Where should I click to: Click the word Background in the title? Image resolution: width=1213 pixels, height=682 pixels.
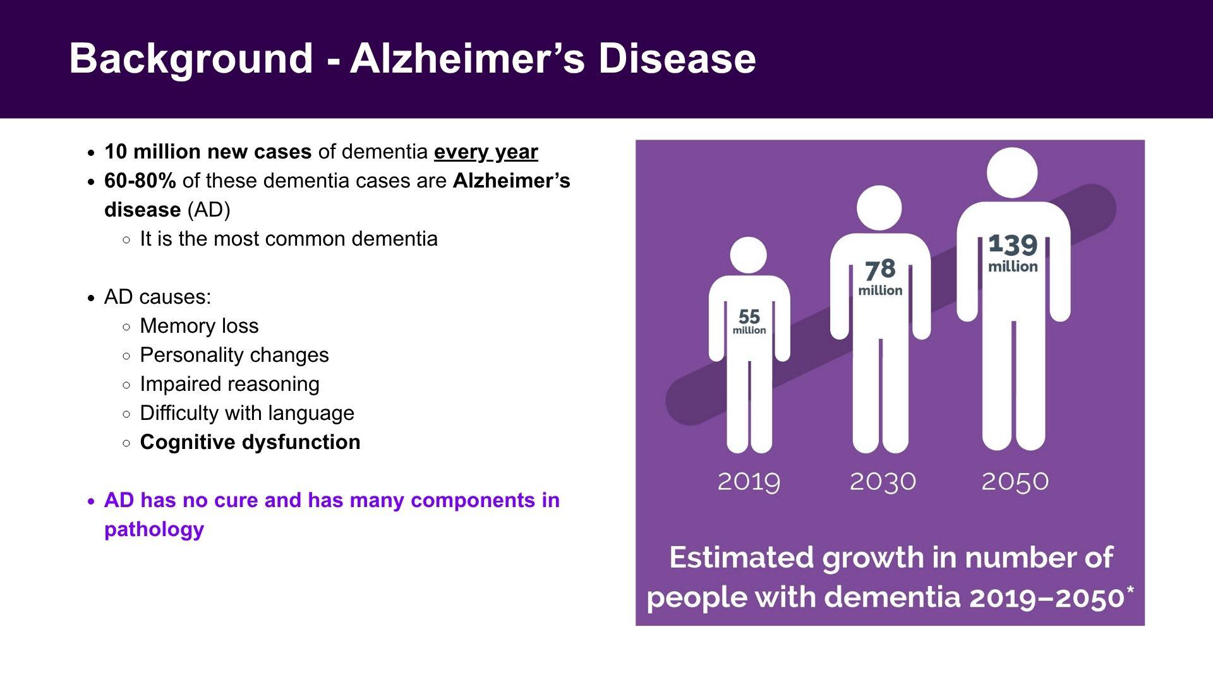coord(191,59)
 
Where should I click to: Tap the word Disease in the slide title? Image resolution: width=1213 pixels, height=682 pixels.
coord(677,58)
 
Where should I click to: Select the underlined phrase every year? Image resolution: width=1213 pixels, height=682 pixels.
coord(486,152)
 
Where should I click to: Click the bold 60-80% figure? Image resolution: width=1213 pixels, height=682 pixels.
coord(140,181)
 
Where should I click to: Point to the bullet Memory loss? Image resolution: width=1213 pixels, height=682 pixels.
coord(199,326)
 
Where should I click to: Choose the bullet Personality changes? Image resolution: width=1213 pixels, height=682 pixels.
coord(234,355)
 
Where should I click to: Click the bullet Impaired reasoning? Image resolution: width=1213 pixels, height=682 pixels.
coord(229,384)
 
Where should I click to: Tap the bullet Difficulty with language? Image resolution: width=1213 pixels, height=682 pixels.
coord(247,413)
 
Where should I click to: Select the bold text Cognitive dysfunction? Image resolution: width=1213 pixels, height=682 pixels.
coord(250,442)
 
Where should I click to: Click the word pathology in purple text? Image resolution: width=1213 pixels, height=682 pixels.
coord(154,529)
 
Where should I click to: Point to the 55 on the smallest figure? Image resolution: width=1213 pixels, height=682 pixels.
coord(749,316)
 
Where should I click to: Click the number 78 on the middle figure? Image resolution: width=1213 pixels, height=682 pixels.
coord(880,270)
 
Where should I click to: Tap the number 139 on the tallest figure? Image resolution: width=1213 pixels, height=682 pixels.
coord(1013,244)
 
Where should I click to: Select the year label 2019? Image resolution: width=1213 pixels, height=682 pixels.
coord(749,482)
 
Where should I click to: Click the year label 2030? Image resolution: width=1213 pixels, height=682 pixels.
coord(883,482)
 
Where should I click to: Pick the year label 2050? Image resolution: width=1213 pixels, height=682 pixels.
coord(1015,482)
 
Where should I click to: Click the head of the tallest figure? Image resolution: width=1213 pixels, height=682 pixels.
coord(1012,172)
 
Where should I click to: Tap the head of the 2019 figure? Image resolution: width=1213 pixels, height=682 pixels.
coord(749,255)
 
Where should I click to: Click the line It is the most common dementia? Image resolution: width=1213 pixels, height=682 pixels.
coord(289,239)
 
